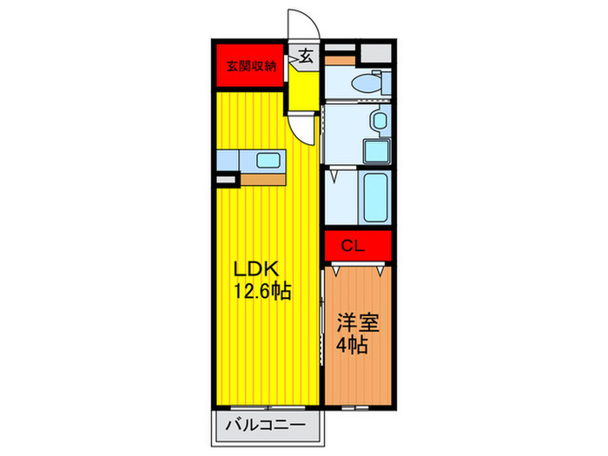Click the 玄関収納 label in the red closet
(251, 66)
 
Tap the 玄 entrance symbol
(306, 56)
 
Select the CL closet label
(353, 246)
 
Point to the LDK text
(256, 268)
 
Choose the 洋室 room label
(358, 322)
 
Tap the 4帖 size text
(352, 344)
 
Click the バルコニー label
(266, 426)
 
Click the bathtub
(375, 197)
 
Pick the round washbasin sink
(380, 121)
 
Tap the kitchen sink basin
(268, 161)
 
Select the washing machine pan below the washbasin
(376, 150)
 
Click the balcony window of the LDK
(268, 408)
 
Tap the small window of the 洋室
(354, 407)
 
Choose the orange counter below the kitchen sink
(263, 180)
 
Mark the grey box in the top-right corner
(376, 53)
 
